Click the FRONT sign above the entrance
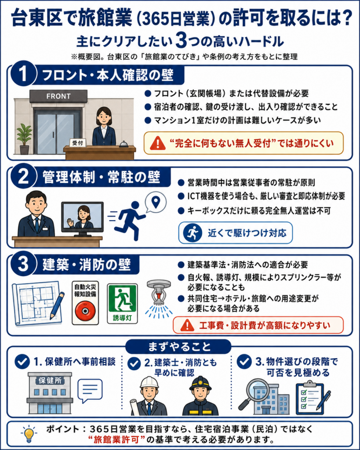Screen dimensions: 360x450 pyautogui.click(x=58, y=96)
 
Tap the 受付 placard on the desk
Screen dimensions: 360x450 pyautogui.click(x=77, y=142)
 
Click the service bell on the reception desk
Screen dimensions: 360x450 pyautogui.click(x=123, y=144)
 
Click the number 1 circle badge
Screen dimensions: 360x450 pyautogui.click(x=23, y=74)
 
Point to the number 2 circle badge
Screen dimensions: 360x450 pyautogui.click(x=23, y=176)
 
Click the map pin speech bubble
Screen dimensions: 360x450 pyautogui.click(x=156, y=202)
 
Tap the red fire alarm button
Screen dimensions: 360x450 pyautogui.click(x=85, y=311)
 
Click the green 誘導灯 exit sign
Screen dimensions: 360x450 pyautogui.click(x=123, y=304)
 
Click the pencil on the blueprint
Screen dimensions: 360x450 pyautogui.click(x=57, y=306)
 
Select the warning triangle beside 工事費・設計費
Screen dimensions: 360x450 pyautogui.click(x=187, y=325)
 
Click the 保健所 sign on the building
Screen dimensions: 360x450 pyautogui.click(x=50, y=381)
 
